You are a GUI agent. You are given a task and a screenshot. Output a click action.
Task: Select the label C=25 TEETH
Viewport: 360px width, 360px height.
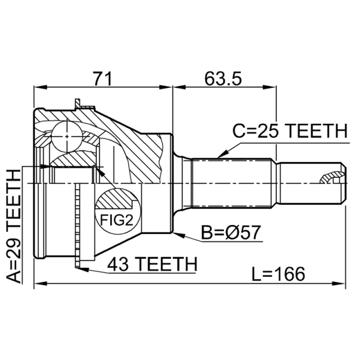tap(290, 132)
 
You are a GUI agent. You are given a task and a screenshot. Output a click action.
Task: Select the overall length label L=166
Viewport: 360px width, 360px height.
tap(279, 273)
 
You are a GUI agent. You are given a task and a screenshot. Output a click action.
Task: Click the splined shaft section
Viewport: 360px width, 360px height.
tap(232, 182)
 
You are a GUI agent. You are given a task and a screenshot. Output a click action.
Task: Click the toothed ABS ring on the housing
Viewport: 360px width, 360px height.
tap(77, 225)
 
